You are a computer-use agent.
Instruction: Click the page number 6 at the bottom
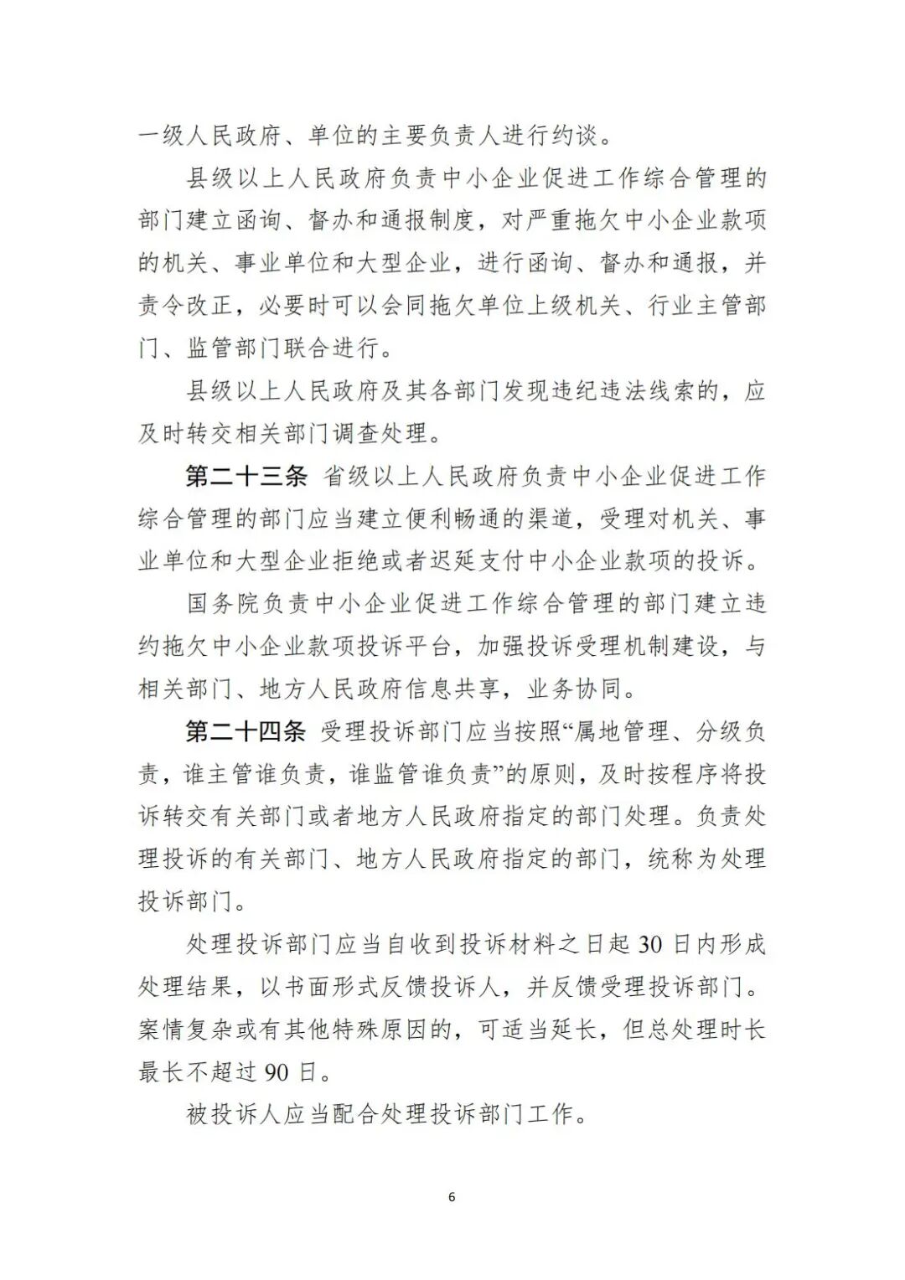click(x=452, y=1197)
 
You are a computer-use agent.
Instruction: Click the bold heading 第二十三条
click(x=246, y=477)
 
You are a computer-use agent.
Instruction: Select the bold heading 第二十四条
click(x=246, y=732)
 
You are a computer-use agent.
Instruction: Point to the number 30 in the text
click(x=651, y=945)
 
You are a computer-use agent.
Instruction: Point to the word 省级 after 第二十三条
click(x=347, y=477)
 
